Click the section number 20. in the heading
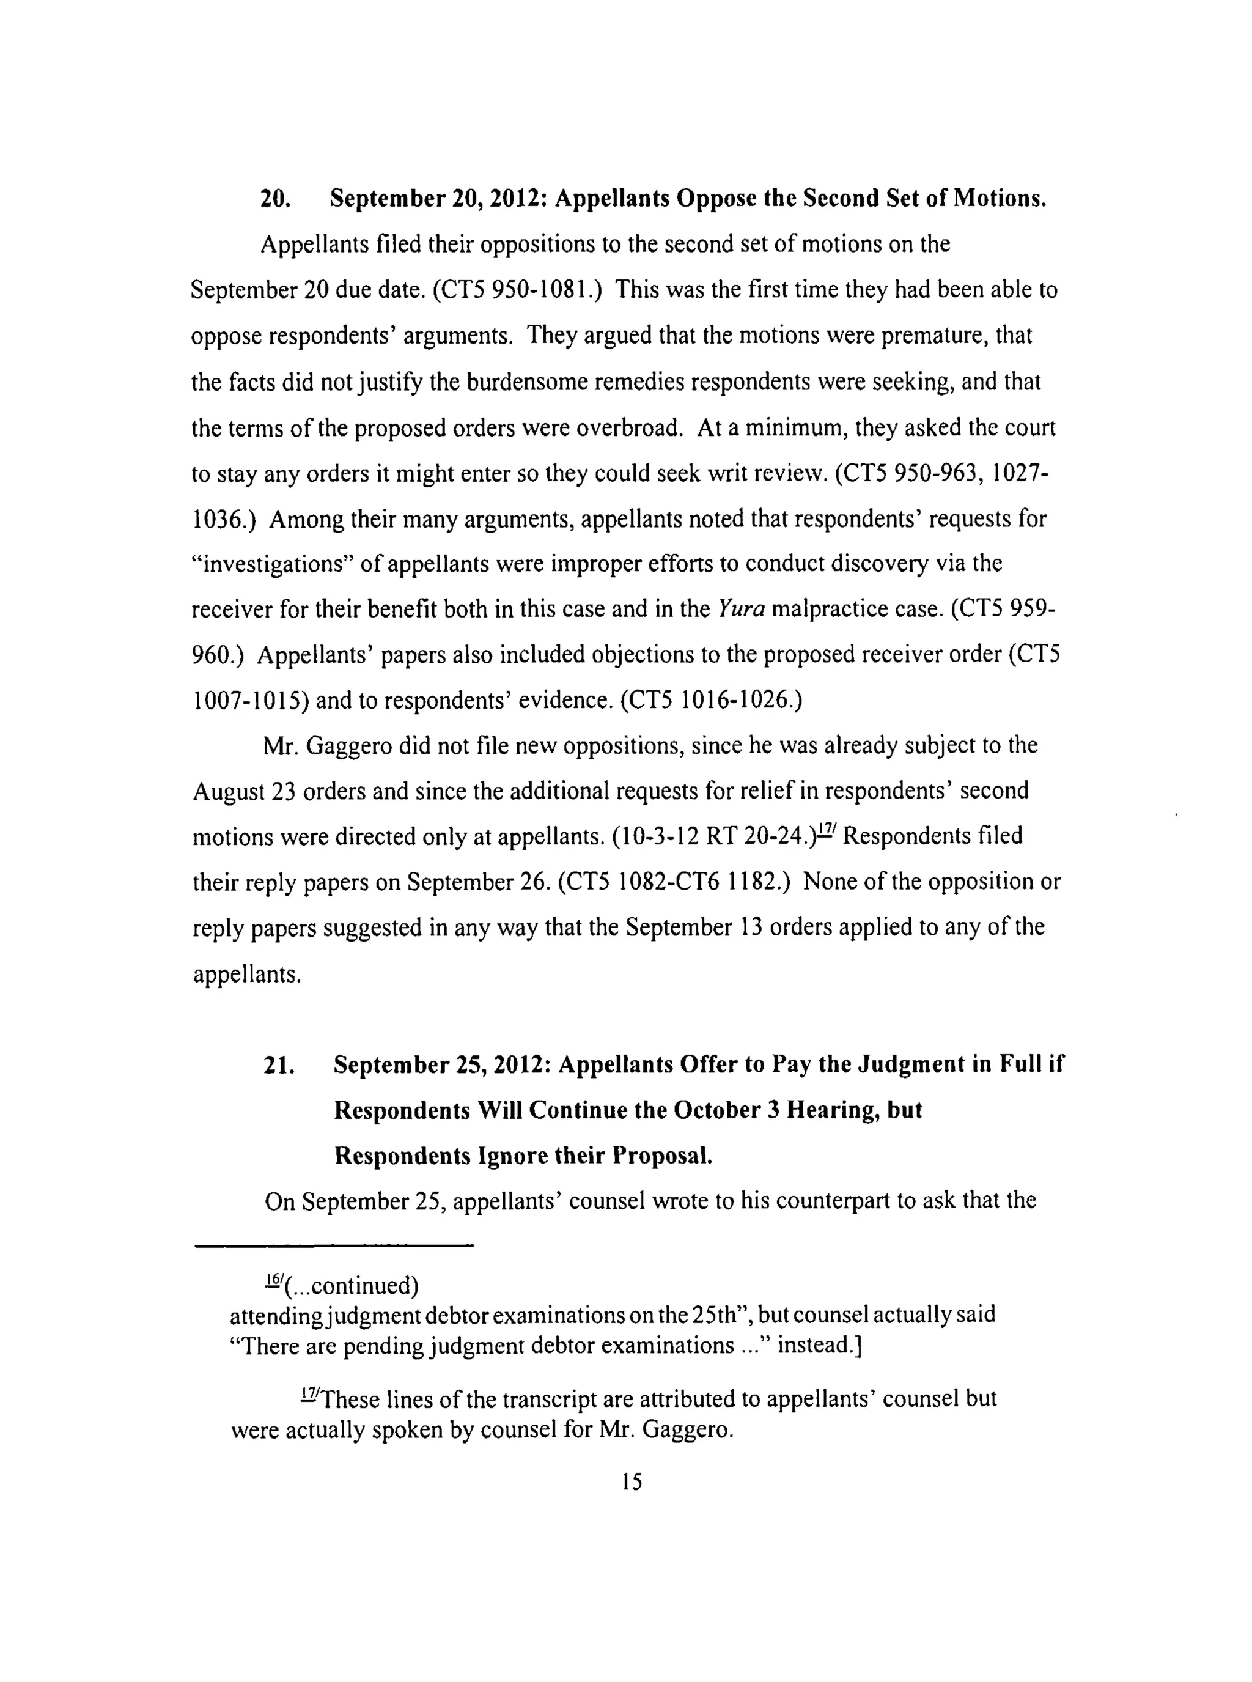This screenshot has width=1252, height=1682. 274,199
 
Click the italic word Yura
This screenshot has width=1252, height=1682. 740,609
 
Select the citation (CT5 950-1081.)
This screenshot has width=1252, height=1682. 518,290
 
